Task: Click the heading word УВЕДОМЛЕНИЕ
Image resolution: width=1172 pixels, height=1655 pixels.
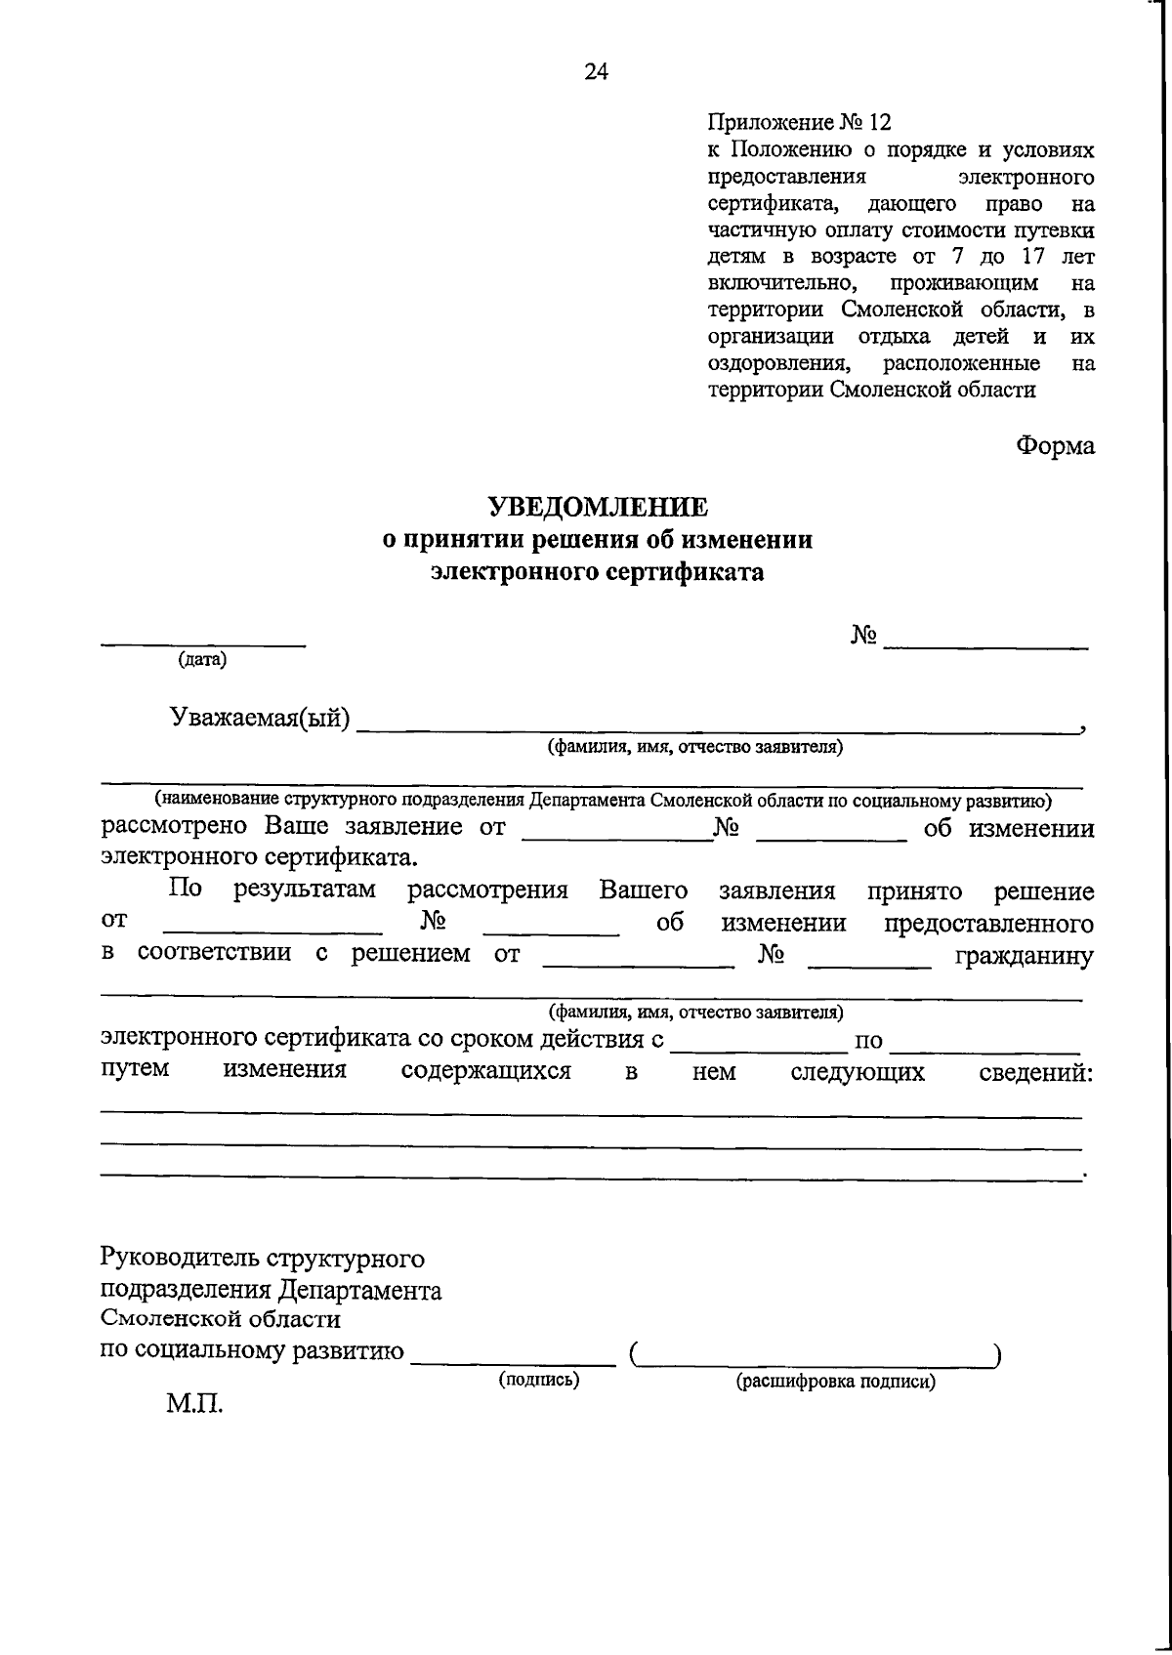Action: (x=597, y=507)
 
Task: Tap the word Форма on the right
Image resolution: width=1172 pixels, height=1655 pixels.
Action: (x=1055, y=445)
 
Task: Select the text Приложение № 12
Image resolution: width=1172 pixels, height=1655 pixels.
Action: (x=800, y=122)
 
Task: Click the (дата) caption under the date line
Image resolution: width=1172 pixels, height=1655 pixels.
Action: (x=202, y=660)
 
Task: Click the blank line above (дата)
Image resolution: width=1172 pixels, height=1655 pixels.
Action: (x=203, y=644)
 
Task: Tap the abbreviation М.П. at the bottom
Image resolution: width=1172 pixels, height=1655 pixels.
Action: (x=194, y=1406)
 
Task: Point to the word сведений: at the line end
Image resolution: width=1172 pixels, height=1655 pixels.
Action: (x=1035, y=1072)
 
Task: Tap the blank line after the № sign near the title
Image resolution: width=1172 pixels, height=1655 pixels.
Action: (x=984, y=647)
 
